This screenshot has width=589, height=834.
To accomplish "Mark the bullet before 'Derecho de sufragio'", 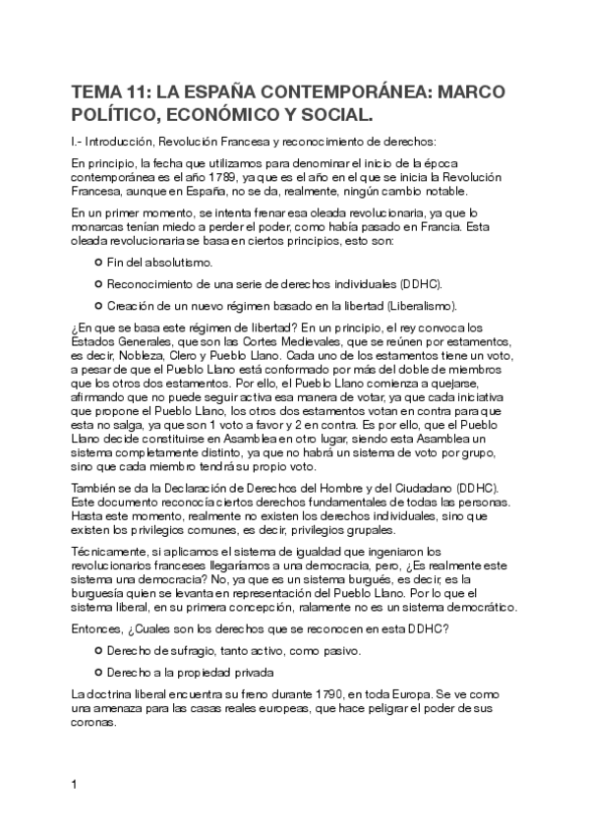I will point(98,651).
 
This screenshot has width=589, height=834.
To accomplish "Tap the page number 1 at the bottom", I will point(75,784).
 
